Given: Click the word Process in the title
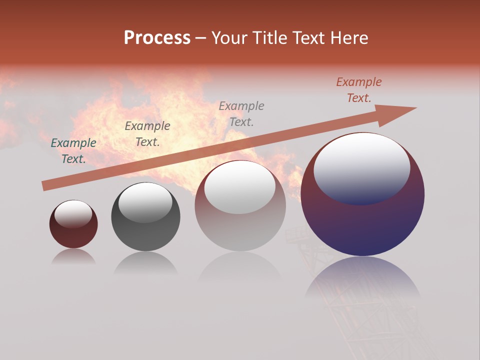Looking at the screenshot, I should [x=157, y=38].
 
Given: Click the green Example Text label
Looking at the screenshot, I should [x=73, y=150].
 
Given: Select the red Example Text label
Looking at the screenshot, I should [x=359, y=89].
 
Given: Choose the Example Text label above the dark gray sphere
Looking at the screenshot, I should [x=147, y=133].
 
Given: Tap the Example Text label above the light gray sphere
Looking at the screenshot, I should [x=241, y=113].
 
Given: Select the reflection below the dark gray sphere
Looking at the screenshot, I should [x=145, y=262].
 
